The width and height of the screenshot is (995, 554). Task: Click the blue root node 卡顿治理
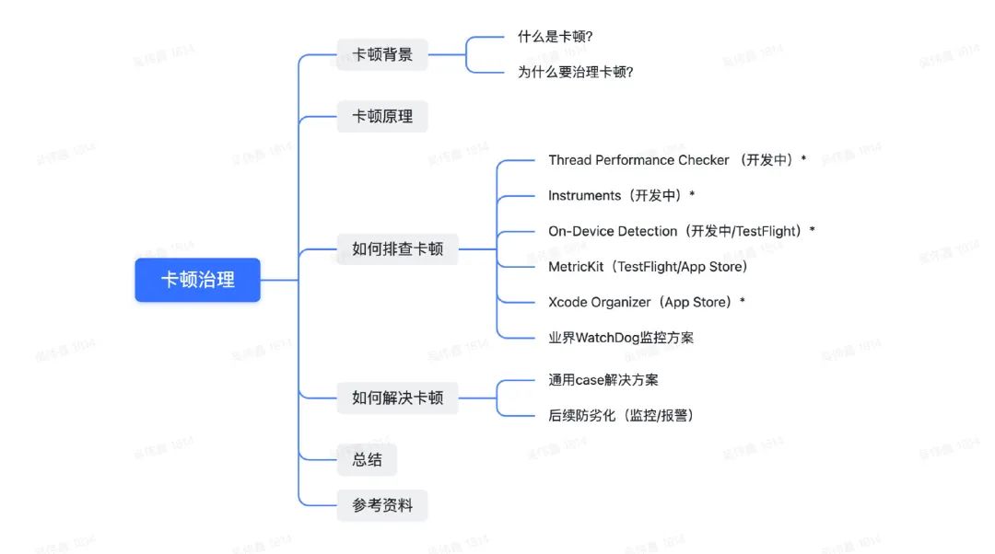click(197, 280)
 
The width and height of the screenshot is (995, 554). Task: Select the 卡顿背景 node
click(382, 54)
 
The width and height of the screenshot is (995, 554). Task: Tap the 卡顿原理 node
click(382, 117)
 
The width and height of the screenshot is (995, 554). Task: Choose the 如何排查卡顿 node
click(397, 248)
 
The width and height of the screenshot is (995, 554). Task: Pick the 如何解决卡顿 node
click(397, 398)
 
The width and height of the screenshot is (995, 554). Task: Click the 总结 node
click(367, 459)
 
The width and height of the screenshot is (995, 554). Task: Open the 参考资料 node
click(382, 505)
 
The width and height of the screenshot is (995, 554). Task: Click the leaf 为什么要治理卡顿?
click(575, 72)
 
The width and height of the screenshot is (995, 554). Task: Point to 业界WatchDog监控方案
click(621, 338)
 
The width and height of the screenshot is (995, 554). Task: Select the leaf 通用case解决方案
click(603, 380)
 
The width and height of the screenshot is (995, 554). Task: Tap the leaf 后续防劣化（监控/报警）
click(621, 415)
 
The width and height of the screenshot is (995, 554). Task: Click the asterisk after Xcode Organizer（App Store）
click(743, 301)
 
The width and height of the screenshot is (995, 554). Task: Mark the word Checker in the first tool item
click(704, 160)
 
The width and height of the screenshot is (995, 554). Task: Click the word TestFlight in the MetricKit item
click(649, 267)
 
